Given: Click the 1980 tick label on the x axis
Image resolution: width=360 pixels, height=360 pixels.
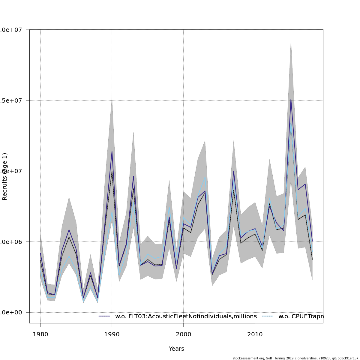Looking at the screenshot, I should (x=40, y=334).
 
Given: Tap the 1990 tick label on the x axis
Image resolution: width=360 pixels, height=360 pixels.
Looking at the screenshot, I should (x=112, y=334).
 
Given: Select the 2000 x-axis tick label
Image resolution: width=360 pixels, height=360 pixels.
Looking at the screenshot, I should (x=184, y=334).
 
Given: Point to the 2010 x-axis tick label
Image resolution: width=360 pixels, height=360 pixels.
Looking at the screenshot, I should (x=255, y=334).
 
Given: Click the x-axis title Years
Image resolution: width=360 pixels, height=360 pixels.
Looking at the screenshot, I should (x=176, y=349).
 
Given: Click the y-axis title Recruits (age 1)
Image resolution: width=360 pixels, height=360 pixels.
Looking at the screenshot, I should (x=4, y=176).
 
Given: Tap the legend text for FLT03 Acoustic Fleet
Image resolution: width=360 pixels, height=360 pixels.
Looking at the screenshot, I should (x=186, y=316).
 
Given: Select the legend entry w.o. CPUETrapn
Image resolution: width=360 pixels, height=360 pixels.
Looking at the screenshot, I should (x=301, y=316).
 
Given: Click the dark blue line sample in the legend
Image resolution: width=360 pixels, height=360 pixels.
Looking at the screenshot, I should (x=105, y=316).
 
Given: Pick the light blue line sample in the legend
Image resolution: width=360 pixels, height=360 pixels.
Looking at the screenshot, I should (x=268, y=316).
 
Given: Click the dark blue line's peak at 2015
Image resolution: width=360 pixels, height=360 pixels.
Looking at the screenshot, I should (x=291, y=99).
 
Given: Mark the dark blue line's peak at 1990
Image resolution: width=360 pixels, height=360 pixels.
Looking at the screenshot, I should (x=112, y=151).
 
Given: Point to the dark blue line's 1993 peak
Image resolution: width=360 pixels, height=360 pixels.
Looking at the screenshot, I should (x=133, y=176).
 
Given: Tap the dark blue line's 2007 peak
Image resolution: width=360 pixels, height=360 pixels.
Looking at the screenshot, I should (x=233, y=171).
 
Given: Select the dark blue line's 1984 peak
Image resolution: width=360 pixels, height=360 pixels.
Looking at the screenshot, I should (x=69, y=230).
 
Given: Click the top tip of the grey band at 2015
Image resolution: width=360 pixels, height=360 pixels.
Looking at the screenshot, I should (x=291, y=40).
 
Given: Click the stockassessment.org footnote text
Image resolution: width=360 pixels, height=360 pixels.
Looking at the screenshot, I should (x=295, y=358).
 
